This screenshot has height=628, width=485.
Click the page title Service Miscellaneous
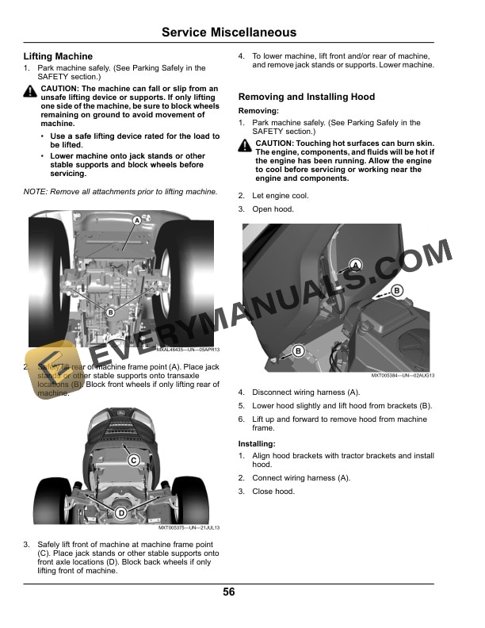pos(229,33)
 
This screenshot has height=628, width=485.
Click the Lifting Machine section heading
pos(58,56)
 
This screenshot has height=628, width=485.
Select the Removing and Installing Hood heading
pos(307,97)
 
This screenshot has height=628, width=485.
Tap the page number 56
pos(229,592)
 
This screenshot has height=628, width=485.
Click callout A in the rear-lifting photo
pos(136,220)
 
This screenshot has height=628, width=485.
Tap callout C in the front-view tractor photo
pos(134,460)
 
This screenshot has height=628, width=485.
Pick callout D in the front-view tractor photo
pos(121,512)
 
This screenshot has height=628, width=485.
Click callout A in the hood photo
pos(356,264)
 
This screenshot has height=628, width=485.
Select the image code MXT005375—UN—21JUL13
pos(189,527)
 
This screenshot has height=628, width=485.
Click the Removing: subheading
pos(258,111)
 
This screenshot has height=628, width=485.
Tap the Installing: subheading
pos(258,444)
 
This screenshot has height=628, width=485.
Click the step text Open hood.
pos(273,209)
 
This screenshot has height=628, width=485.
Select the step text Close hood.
pos(273,492)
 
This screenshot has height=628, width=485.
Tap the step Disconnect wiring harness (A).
pos(306,392)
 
